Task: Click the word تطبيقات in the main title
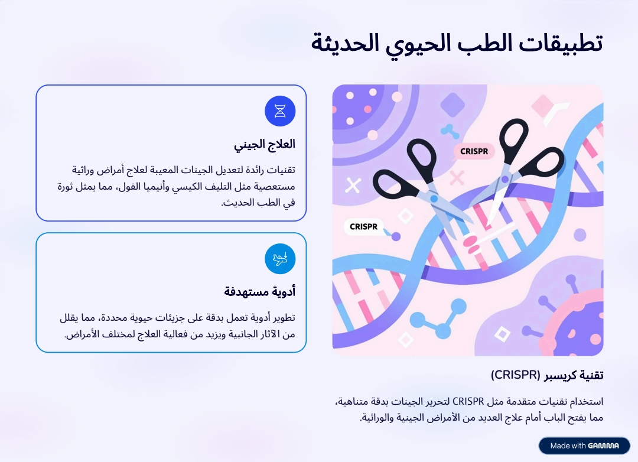tap(560, 43)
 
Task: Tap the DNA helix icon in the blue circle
tap(280, 110)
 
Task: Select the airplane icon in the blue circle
tap(280, 259)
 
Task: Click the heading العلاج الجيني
tap(265, 145)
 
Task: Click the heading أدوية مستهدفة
tap(259, 292)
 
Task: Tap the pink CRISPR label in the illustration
tap(474, 151)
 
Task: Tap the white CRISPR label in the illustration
tap(363, 227)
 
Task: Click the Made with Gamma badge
tap(584, 445)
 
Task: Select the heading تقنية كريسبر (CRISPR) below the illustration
tap(547, 375)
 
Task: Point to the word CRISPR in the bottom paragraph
tap(468, 402)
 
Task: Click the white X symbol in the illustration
tap(353, 185)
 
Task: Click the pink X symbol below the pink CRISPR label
tap(457, 177)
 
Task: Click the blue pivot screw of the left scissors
tap(434, 199)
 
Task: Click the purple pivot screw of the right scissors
tap(505, 179)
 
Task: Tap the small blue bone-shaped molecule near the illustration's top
tap(450, 131)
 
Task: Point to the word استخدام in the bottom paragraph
tap(586, 402)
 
